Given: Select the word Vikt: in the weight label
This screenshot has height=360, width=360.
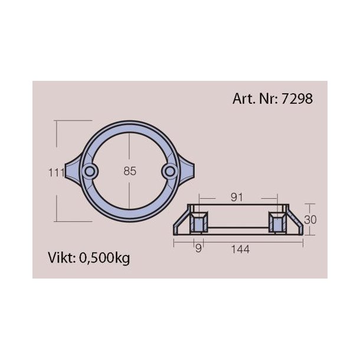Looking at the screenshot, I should pos(61,257).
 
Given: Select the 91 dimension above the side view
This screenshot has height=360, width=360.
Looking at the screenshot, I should pos(237,198).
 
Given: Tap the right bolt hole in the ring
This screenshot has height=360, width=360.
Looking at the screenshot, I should pos(169,171).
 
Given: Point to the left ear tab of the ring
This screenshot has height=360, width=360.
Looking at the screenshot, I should pos(76,171).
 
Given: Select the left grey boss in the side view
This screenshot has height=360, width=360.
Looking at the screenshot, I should pos(199,223).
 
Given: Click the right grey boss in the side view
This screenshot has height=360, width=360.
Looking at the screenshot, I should pos(276,223).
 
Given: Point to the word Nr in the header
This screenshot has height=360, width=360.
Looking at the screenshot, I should pos(267,99).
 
